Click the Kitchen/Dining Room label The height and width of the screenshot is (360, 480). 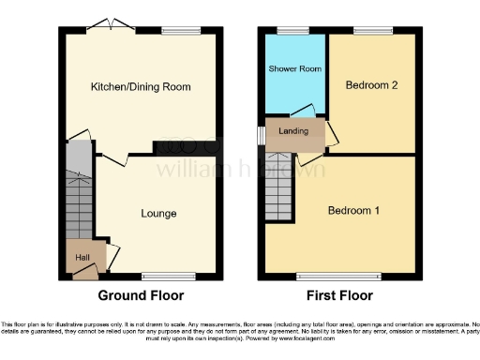140,87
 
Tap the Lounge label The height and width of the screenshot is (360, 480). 158,214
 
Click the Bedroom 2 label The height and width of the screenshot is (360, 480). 371,85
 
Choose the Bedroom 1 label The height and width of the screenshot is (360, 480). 353,211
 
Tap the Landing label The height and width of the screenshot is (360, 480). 294,131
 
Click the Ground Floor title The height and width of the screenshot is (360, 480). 141,295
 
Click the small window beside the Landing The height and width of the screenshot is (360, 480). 262,133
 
